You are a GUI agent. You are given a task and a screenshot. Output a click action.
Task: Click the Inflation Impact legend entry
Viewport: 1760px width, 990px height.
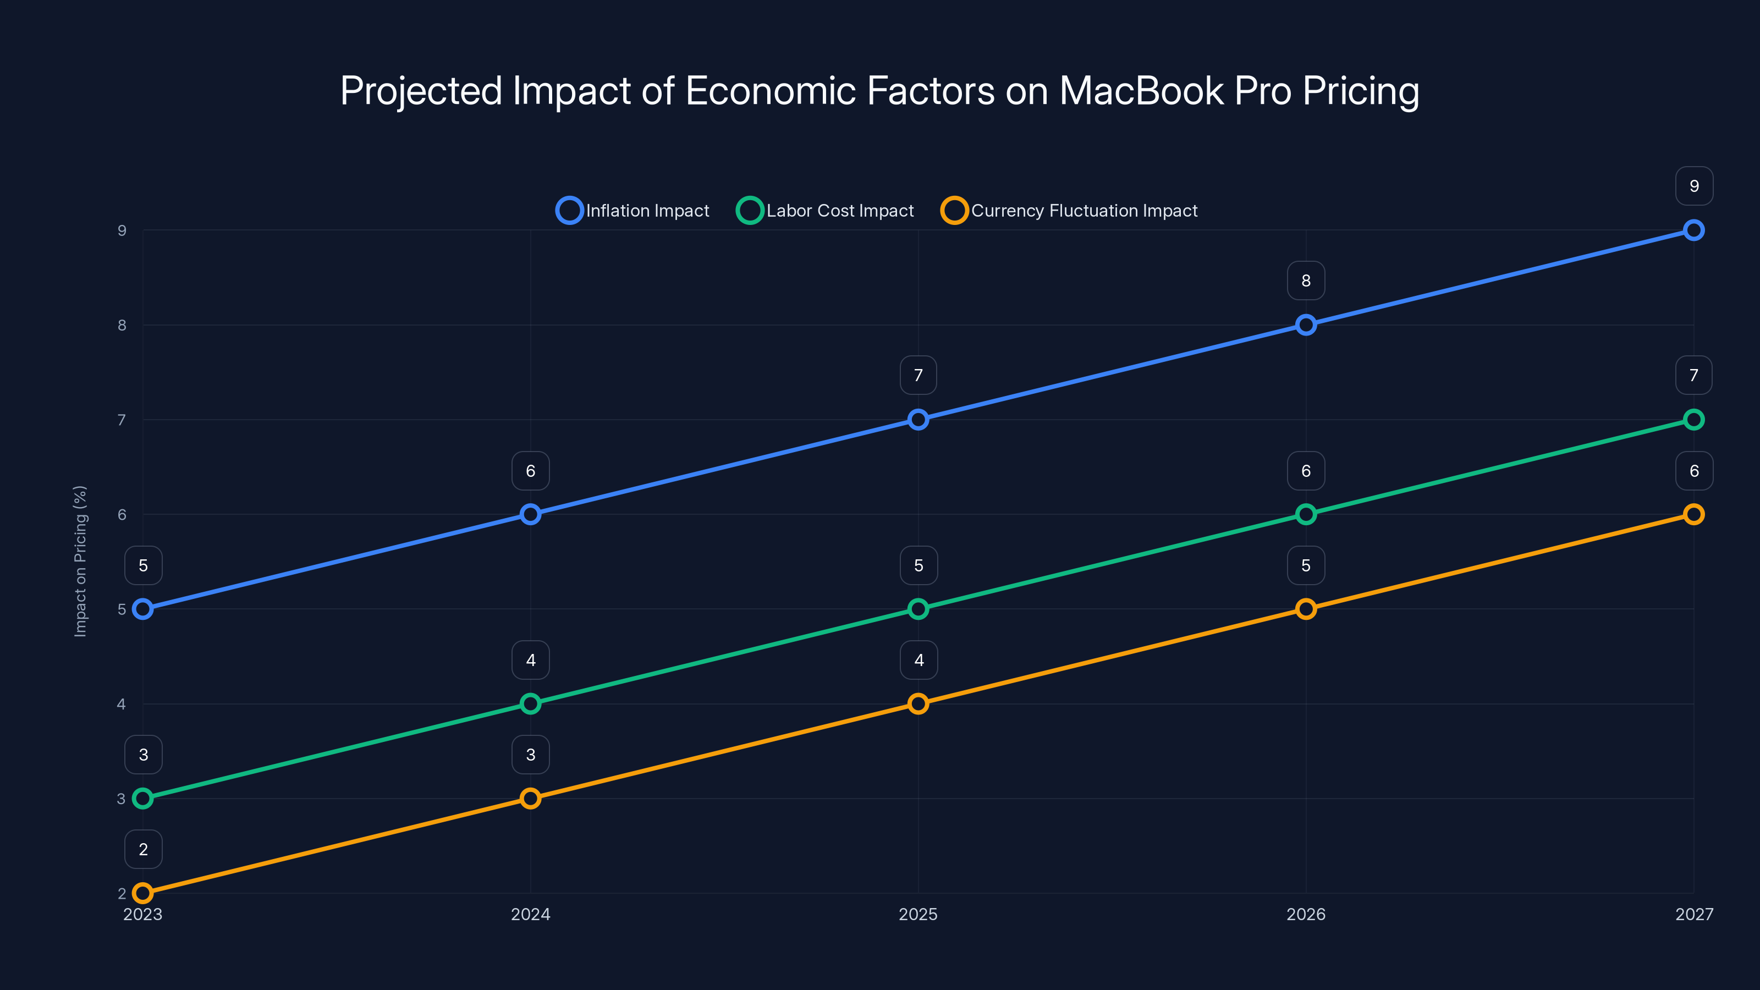pyautogui.click(x=634, y=211)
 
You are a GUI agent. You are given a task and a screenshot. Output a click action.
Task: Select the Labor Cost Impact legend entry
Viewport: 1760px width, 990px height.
pyautogui.click(x=826, y=211)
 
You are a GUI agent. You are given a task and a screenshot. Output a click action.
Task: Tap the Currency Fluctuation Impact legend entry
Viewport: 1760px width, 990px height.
pyautogui.click(x=1069, y=211)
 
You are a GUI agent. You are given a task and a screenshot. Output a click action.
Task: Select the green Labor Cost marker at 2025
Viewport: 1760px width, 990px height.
pyautogui.click(x=919, y=609)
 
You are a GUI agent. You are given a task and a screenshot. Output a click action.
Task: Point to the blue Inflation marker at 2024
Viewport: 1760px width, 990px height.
pyautogui.click(x=530, y=514)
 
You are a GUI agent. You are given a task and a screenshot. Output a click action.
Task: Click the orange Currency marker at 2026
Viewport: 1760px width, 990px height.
pyautogui.click(x=1306, y=609)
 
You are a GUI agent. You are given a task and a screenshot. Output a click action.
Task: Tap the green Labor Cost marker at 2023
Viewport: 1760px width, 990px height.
pyautogui.click(x=143, y=798)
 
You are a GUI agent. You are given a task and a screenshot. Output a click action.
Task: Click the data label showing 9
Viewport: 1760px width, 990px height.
pyautogui.click(x=1694, y=186)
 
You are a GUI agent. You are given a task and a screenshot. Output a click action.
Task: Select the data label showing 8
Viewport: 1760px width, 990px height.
pyautogui.click(x=1306, y=281)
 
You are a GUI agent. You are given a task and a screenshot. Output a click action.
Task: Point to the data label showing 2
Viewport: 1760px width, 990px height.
pyautogui.click(x=144, y=849)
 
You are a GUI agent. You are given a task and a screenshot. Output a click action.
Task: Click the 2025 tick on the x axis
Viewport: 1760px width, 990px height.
pyautogui.click(x=919, y=914)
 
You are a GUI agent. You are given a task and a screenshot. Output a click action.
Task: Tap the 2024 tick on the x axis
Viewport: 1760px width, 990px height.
pyautogui.click(x=530, y=914)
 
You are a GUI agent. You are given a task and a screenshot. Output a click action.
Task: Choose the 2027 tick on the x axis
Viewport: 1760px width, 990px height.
pyautogui.click(x=1694, y=914)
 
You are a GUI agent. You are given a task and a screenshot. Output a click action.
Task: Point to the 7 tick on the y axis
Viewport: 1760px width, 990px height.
pyautogui.click(x=122, y=420)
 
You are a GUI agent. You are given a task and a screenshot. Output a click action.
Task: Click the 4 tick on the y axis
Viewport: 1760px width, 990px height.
pyautogui.click(x=122, y=704)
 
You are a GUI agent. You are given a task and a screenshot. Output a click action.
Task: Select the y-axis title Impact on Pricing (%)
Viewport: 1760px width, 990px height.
pyautogui.click(x=81, y=561)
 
